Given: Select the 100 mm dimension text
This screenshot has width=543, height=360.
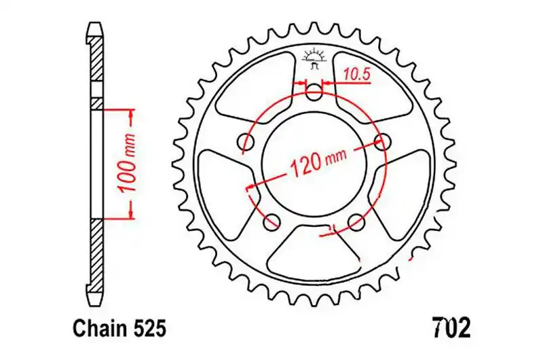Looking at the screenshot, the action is [127, 162].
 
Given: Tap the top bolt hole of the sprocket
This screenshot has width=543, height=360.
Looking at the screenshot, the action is [314, 92].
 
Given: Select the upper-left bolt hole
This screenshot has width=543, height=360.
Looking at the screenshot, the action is [246, 141].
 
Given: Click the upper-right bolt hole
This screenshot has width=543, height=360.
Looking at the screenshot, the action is [383, 141].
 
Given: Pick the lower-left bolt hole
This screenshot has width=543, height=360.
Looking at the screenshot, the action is [272, 221].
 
